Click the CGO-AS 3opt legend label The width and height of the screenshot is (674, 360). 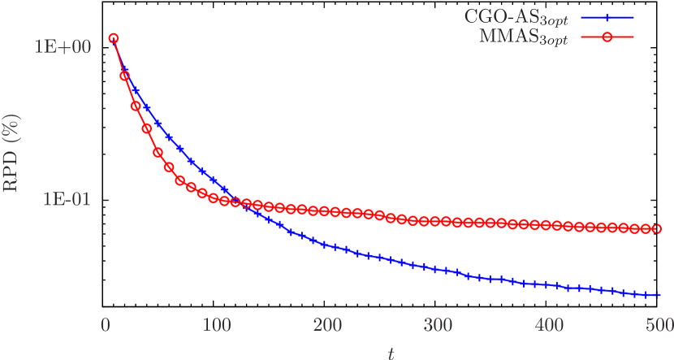[x=517, y=17]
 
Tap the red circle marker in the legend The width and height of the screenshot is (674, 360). [x=607, y=37]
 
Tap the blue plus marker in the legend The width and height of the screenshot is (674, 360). [x=607, y=17]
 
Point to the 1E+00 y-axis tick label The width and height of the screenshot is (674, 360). [x=63, y=46]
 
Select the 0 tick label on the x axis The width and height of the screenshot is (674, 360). [x=105, y=326]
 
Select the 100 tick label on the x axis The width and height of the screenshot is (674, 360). [x=215, y=326]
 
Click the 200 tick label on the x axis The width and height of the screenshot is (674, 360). [x=326, y=326]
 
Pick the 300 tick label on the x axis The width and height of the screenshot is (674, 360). [x=437, y=326]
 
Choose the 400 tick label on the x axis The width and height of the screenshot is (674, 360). [x=548, y=326]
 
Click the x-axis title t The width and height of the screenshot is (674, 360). [x=390, y=353]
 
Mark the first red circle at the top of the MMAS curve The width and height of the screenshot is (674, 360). [x=114, y=38]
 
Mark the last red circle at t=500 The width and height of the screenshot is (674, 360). [x=658, y=228]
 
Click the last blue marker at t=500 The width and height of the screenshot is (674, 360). [x=658, y=295]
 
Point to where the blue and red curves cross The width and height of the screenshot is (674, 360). [x=233, y=202]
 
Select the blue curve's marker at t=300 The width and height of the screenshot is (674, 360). [x=437, y=269]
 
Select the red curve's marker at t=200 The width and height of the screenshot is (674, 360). [x=326, y=211]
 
